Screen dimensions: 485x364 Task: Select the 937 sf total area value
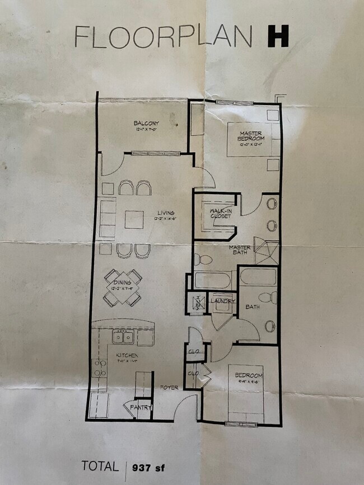(150, 467)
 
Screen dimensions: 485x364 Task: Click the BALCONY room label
(146, 124)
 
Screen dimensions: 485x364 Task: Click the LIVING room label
(166, 213)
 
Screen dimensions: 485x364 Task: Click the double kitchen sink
(123, 337)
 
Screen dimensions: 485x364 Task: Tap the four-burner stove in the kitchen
(99, 369)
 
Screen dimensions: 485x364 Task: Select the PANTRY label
(141, 408)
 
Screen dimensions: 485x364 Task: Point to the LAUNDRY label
(222, 302)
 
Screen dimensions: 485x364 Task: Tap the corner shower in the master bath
(266, 251)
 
